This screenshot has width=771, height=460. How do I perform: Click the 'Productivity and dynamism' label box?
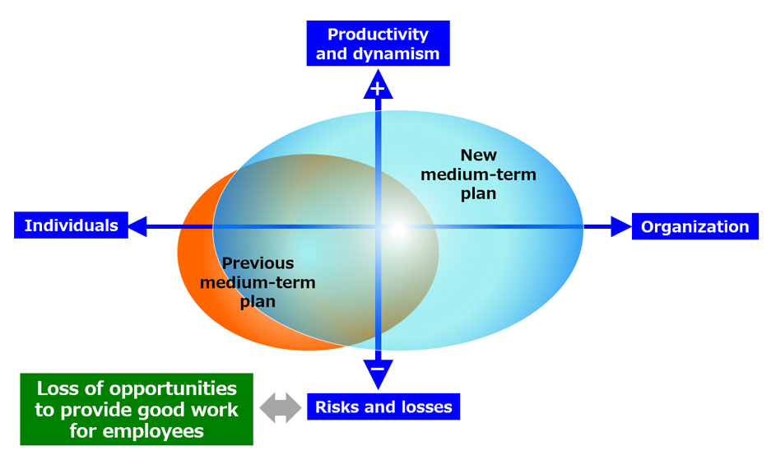[x=378, y=44]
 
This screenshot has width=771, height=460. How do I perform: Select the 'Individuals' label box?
[x=72, y=225]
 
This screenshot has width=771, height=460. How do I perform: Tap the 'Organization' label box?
[x=694, y=226]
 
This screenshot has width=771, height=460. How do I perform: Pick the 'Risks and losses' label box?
[x=383, y=407]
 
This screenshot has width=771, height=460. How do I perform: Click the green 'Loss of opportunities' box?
[x=137, y=409]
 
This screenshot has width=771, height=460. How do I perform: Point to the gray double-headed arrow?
[x=281, y=408]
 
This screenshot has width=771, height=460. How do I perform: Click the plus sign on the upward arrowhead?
[x=378, y=89]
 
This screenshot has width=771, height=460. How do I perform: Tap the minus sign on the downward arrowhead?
[x=378, y=369]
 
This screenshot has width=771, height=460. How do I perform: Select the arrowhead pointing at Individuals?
[x=137, y=226]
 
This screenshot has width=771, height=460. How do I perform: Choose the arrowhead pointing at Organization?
[x=621, y=226]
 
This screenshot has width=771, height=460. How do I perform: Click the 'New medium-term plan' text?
[x=478, y=174]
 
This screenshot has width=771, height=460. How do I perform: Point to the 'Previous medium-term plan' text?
[x=258, y=282]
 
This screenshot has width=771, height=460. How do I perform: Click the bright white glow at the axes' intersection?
[x=397, y=230]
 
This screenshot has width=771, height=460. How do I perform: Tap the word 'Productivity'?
[x=378, y=35]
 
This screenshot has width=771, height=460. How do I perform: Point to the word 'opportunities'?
[x=173, y=389]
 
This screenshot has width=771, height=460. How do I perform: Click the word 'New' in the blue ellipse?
[x=478, y=155]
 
